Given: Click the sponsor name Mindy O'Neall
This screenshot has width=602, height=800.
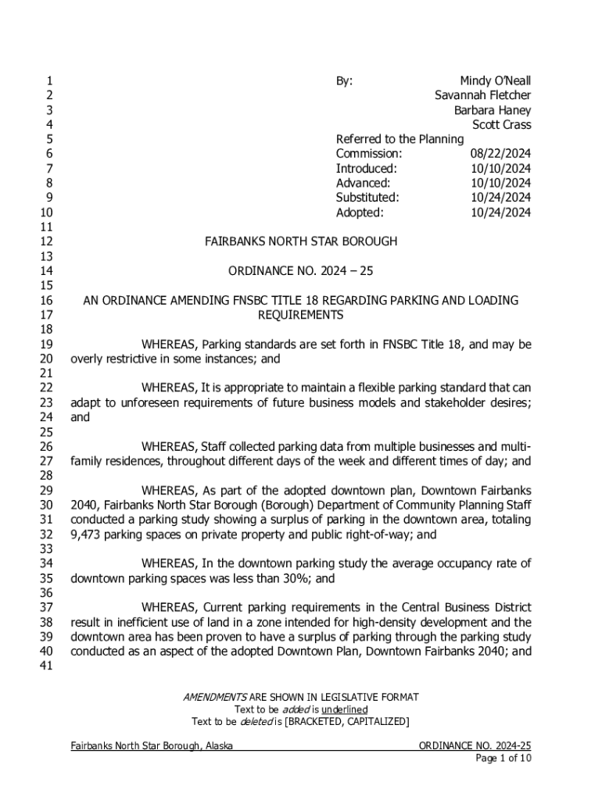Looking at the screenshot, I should (495, 81).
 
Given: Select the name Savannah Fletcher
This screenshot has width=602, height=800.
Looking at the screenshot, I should (482, 95).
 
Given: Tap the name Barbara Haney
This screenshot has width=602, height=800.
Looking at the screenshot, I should (493, 110).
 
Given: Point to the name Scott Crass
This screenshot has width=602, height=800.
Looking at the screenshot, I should (501, 125).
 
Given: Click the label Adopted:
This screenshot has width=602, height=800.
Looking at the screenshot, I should (360, 212).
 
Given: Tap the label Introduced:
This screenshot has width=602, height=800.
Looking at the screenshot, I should (367, 169).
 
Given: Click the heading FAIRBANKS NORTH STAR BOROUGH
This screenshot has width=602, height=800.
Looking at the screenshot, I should (301, 241).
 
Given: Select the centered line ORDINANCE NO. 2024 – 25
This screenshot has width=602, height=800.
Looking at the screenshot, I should (301, 271).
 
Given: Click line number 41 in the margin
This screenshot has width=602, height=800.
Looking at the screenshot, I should (46, 666).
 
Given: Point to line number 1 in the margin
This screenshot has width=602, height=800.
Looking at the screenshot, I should (49, 81).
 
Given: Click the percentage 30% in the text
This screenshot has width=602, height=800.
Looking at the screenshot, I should (297, 579).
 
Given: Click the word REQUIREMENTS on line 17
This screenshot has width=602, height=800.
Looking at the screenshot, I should (301, 315).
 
